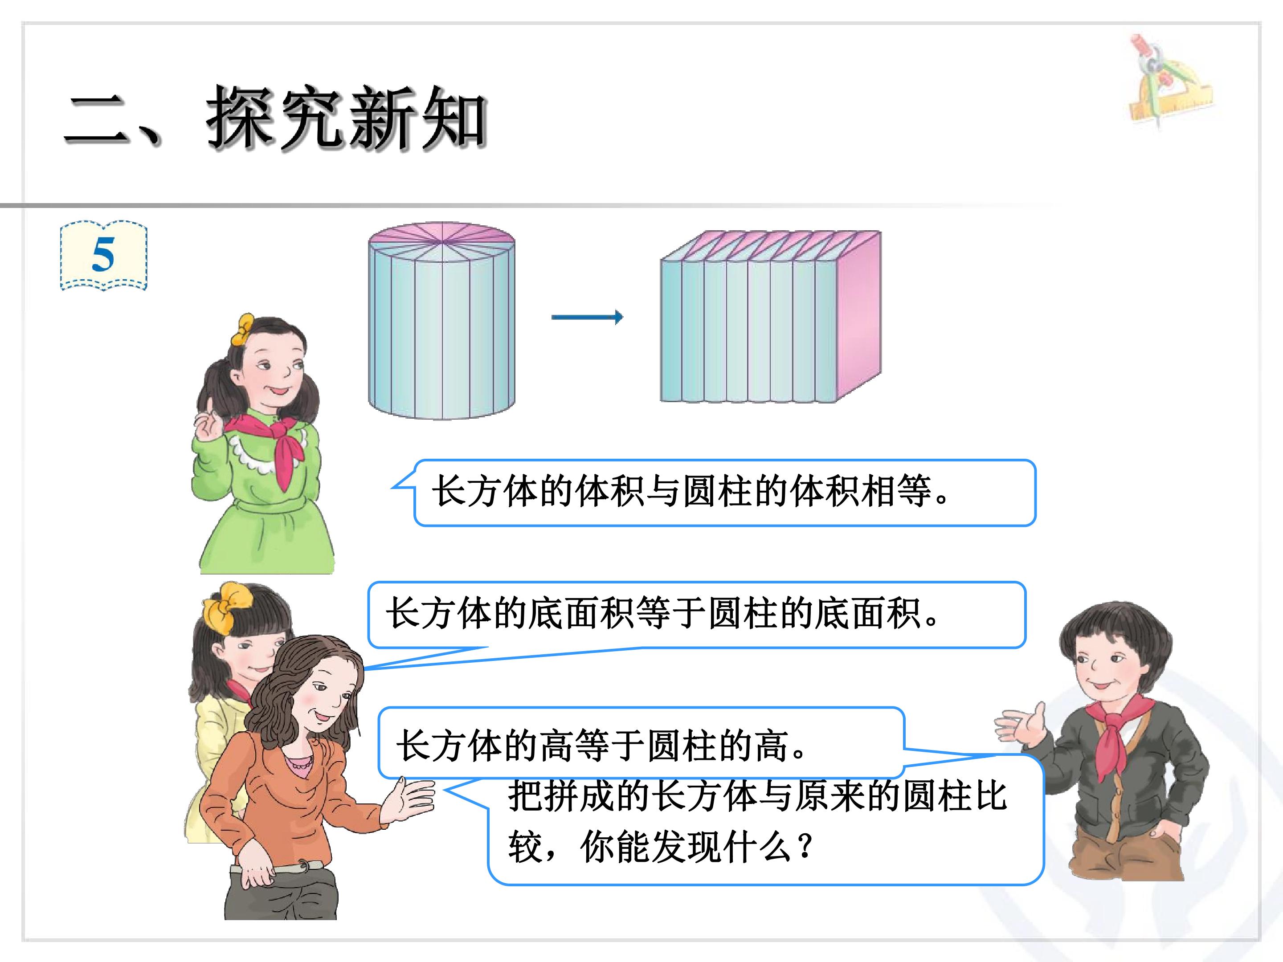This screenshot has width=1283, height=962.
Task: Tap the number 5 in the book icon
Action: (103, 255)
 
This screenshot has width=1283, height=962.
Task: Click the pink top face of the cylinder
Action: (442, 240)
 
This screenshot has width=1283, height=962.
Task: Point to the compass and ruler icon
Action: (1169, 81)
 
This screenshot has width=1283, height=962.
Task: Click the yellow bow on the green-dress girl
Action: (243, 330)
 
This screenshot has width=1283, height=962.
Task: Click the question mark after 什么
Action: (805, 847)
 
